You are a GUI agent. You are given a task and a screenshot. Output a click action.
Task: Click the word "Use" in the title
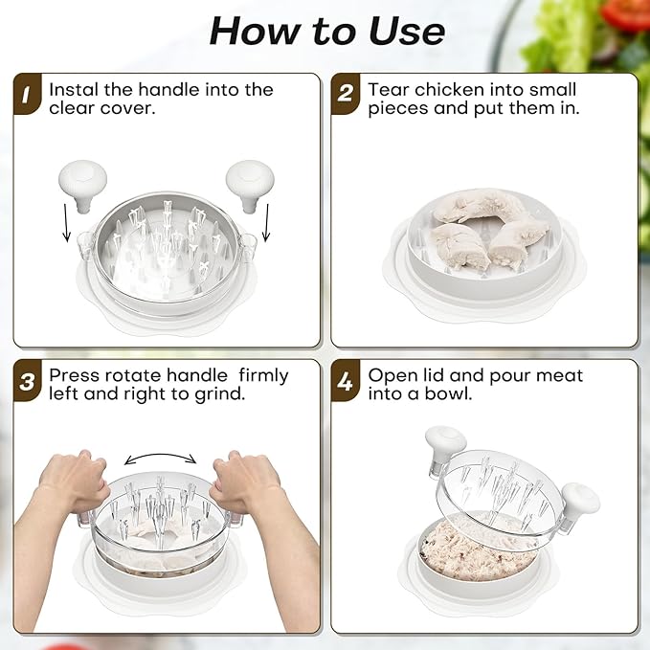coord(407,32)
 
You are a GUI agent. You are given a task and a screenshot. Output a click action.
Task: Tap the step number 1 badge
coord(27,94)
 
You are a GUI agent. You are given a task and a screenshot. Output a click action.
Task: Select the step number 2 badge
coord(345,94)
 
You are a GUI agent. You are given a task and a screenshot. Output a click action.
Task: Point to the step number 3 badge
coord(27,381)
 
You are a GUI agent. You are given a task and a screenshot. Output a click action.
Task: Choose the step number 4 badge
coord(345,381)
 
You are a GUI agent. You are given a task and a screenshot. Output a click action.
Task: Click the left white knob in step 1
coord(83,186)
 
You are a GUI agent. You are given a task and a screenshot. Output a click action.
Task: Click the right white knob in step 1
coord(250,186)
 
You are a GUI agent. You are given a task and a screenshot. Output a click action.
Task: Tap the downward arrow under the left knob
coord(66,223)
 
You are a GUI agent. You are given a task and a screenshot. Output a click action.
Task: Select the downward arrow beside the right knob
coord(266,223)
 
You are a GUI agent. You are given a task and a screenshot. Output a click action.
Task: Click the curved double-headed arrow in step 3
coord(161,455)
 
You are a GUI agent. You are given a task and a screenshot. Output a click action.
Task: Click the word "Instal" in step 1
coord(74,90)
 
